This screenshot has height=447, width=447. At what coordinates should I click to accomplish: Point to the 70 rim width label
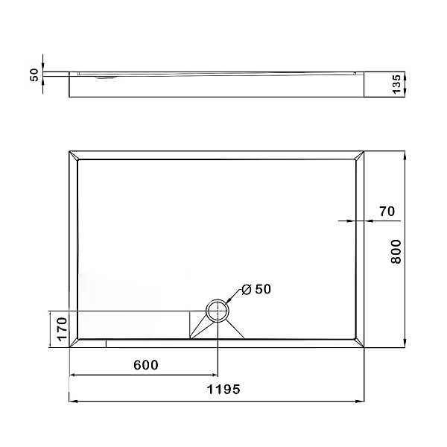386,211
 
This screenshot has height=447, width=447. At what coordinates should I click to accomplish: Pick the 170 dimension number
63,329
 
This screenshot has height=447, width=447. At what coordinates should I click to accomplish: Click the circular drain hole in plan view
218,311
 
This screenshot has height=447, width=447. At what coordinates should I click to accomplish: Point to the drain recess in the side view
105,74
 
